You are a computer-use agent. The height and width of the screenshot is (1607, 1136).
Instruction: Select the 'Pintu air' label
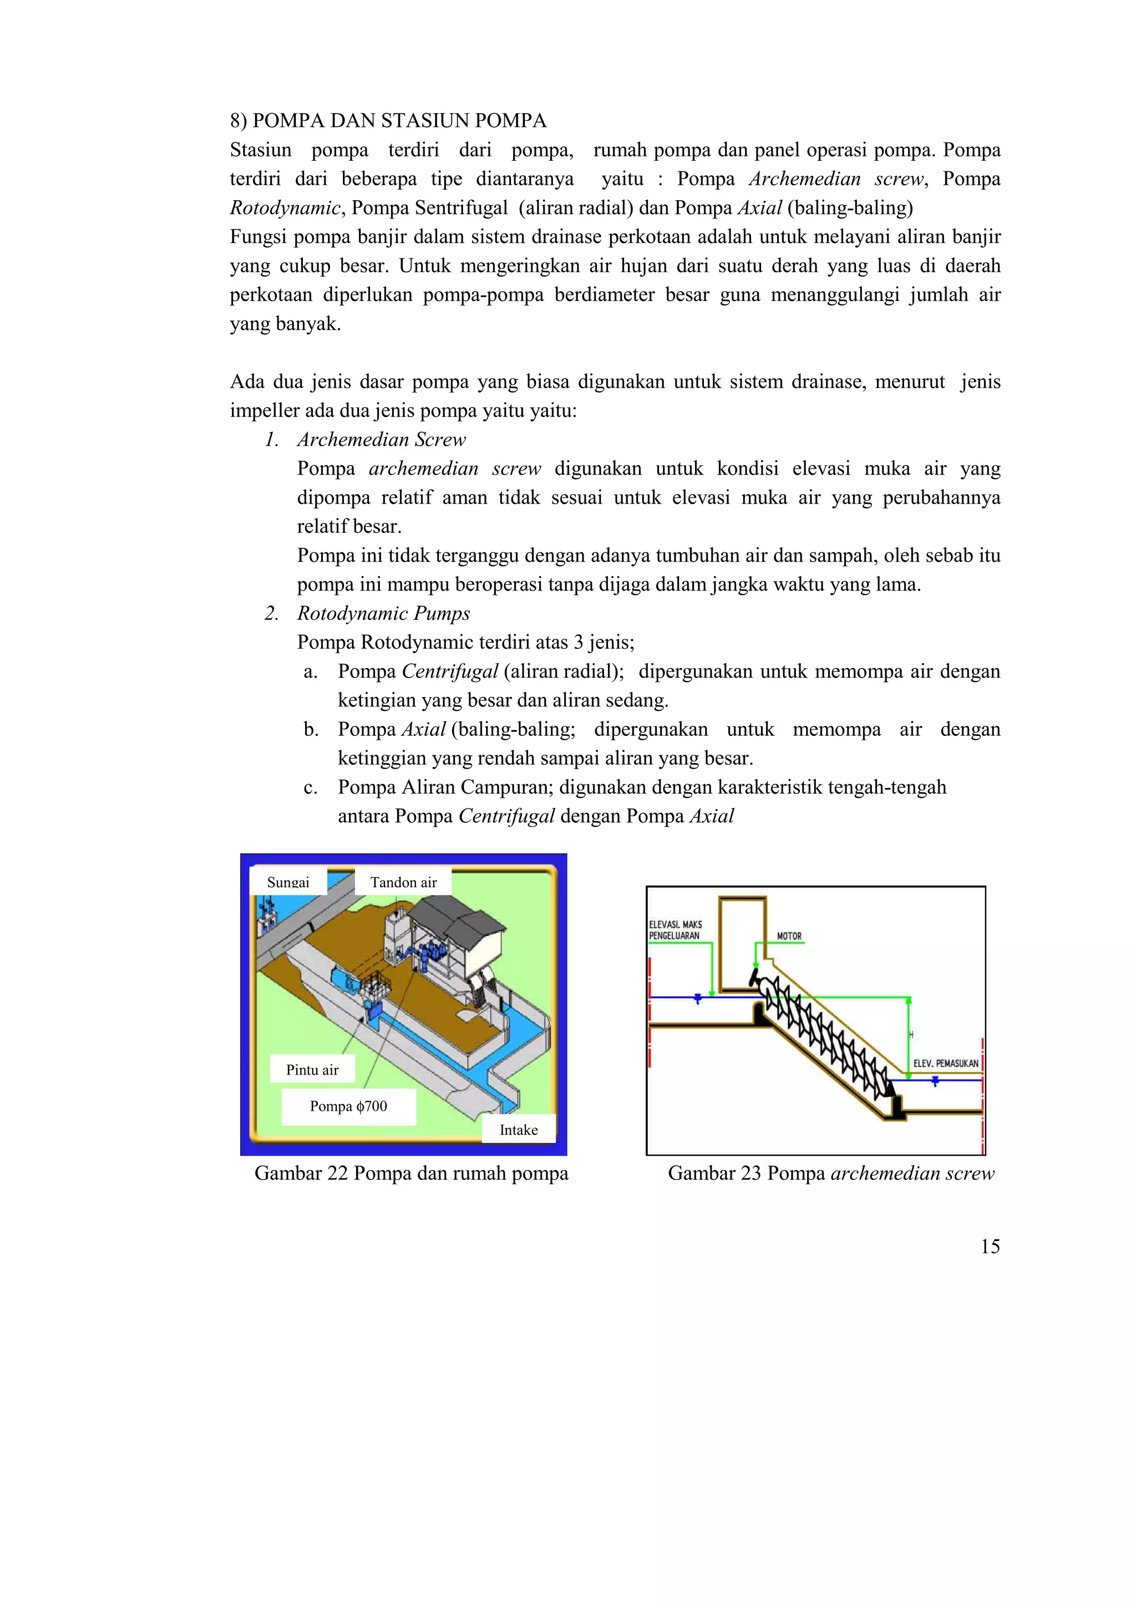click(x=312, y=1070)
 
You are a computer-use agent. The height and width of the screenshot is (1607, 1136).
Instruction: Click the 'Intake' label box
click(x=519, y=1130)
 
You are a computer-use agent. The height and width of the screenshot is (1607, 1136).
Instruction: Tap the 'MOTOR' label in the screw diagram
click(x=789, y=936)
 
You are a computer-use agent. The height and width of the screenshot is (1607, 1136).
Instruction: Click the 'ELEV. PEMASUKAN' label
click(x=946, y=1063)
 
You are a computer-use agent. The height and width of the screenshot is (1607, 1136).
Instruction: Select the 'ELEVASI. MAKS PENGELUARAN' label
click(x=674, y=930)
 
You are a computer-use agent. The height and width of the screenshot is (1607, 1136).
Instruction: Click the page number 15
click(x=990, y=1247)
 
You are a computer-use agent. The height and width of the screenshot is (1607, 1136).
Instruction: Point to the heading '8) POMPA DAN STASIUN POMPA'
click(x=388, y=120)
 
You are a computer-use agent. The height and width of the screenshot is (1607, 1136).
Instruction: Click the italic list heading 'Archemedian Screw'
click(x=382, y=440)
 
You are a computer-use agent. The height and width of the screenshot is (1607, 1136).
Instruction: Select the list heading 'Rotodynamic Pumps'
click(x=383, y=613)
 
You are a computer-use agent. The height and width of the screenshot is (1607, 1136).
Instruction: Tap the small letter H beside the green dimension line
click(x=911, y=1035)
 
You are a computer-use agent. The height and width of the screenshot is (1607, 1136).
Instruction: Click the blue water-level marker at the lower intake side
click(x=935, y=1082)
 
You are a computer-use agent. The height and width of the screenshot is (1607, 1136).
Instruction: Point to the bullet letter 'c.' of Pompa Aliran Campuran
click(x=311, y=787)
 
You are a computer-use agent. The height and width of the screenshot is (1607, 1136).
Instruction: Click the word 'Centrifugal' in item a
click(x=449, y=671)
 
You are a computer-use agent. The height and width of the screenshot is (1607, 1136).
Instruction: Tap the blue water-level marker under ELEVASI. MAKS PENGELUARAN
click(x=697, y=999)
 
